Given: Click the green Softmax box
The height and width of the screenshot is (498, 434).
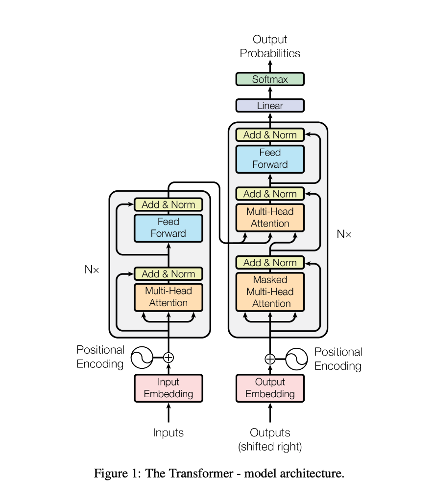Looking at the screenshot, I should tap(270, 79).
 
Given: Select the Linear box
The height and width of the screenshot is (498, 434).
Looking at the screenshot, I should tap(270, 106).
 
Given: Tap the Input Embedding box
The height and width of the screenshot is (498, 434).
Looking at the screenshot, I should tap(169, 388).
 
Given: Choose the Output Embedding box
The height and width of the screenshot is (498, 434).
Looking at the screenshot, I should tap(270, 388).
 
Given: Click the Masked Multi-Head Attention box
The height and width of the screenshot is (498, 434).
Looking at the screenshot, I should tap(270, 292).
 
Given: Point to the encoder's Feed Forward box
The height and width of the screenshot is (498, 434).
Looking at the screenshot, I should tap(169, 228).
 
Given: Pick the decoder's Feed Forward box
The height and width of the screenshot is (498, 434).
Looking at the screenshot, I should tap(270, 159).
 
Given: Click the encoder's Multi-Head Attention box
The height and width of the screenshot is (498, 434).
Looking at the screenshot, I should tap(169, 297).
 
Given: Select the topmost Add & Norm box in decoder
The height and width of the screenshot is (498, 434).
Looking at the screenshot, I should tap(270, 135).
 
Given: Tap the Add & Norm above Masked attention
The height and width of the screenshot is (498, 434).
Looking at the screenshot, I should tap(270, 263).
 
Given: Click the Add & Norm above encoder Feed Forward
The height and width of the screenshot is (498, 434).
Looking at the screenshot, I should tap(169, 204).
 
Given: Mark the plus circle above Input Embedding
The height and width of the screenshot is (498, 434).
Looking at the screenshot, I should tap(169, 358).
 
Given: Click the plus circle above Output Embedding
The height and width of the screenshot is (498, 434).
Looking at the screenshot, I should tap(270, 359).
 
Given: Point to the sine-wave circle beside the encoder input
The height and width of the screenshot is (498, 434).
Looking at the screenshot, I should tap(142, 358).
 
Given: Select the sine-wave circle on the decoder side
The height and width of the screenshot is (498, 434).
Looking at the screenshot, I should tap(297, 359).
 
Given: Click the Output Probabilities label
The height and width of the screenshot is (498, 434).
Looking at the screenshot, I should tap(270, 46).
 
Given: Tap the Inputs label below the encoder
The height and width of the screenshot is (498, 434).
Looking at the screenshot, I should tap(169, 433).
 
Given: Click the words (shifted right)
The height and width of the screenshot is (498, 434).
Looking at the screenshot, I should tap(270, 447).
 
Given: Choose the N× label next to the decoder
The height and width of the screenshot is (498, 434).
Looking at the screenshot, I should tap(344, 234).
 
